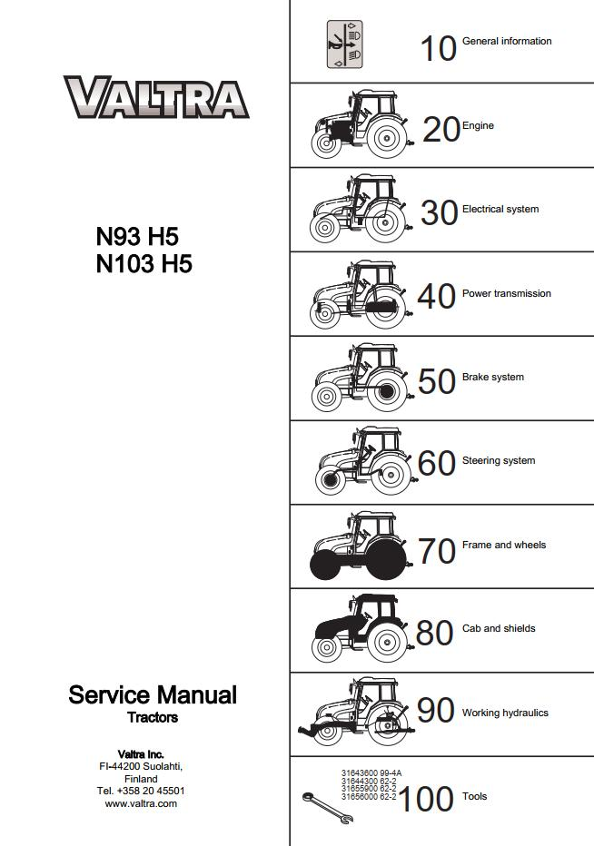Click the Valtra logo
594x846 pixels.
(x=156, y=96)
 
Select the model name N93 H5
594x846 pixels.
(x=137, y=237)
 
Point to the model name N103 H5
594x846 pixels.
(x=144, y=264)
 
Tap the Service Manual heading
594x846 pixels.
(x=153, y=695)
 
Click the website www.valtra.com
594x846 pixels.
(x=141, y=803)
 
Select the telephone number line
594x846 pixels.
(x=141, y=791)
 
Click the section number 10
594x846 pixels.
(x=438, y=48)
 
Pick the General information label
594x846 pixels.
(x=507, y=41)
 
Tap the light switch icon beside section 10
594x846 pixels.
(x=344, y=44)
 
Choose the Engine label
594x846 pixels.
(x=478, y=125)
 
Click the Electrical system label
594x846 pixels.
(x=500, y=210)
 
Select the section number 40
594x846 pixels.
(x=436, y=296)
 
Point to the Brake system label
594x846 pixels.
(x=492, y=377)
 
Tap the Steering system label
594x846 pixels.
(x=499, y=461)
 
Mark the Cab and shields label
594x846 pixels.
(x=499, y=628)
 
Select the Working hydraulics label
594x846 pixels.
(x=505, y=713)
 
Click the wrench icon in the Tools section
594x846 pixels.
(x=328, y=808)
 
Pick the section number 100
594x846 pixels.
(x=426, y=799)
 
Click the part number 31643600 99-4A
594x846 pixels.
(x=371, y=772)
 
